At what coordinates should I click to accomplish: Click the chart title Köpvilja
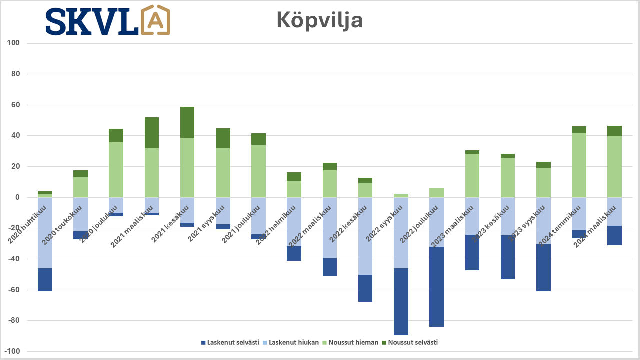click(x=319, y=20)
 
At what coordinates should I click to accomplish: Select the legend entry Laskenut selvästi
click(x=230, y=342)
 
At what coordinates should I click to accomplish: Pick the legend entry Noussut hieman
click(x=348, y=342)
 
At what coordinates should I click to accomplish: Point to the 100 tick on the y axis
click(x=13, y=43)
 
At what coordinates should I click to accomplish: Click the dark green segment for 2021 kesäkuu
click(x=187, y=122)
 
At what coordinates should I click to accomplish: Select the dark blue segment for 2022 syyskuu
click(x=401, y=301)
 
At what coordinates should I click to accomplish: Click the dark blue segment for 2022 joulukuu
click(x=436, y=286)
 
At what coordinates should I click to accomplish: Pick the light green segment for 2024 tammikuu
click(x=579, y=165)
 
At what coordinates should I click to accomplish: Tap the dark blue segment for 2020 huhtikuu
click(x=45, y=279)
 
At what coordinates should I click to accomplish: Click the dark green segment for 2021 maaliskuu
click(x=152, y=133)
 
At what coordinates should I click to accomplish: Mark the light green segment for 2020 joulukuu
click(x=116, y=170)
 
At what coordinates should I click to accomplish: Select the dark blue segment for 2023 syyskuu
click(x=543, y=267)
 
